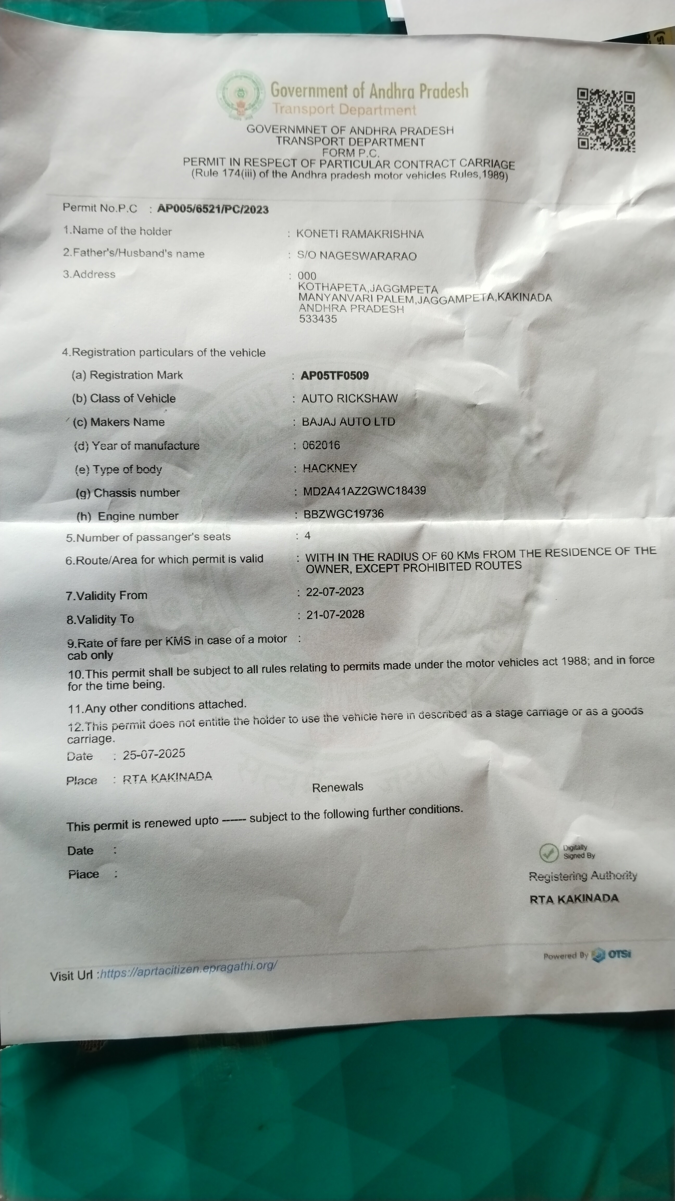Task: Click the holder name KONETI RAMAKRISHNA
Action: point(360,234)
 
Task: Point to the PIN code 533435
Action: point(318,319)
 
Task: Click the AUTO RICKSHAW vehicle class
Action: point(349,398)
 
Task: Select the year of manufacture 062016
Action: point(321,445)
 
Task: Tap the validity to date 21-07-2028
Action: point(335,615)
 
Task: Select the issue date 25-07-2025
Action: point(154,754)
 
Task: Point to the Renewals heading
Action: point(337,787)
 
